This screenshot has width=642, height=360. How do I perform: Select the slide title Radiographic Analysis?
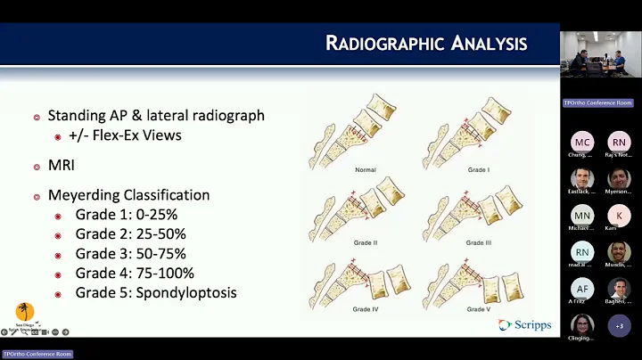[425, 43]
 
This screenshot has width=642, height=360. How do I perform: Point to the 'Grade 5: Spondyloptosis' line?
[156, 292]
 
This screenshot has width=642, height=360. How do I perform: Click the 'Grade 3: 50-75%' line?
[130, 254]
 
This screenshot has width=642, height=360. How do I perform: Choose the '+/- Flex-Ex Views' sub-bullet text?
[129, 135]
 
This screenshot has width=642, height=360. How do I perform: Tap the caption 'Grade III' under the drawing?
[478, 242]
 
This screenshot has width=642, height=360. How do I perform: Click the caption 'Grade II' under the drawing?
[366, 242]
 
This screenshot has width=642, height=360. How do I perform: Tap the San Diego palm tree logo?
[26, 313]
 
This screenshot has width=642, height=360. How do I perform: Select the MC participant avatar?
[581, 142]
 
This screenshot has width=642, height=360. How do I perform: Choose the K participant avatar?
[619, 215]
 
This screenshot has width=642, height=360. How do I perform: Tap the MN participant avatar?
[581, 215]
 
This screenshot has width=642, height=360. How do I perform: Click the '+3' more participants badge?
[619, 325]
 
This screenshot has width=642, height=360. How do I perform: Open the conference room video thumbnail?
[600, 55]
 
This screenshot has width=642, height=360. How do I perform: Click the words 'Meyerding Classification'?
[128, 195]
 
